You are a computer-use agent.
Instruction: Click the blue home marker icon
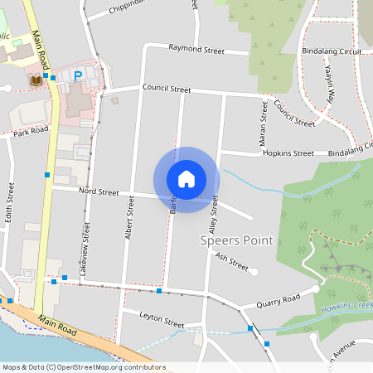(x=186, y=179)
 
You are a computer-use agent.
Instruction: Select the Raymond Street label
(x=196, y=50)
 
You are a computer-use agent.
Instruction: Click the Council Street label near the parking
(x=167, y=88)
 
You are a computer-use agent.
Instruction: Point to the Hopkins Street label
(x=288, y=153)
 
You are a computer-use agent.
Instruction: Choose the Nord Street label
(x=99, y=191)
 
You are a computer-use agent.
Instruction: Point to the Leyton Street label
(x=161, y=319)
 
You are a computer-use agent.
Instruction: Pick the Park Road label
(x=31, y=131)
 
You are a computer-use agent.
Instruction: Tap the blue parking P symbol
(x=78, y=76)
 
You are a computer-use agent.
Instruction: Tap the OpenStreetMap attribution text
(x=84, y=367)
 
